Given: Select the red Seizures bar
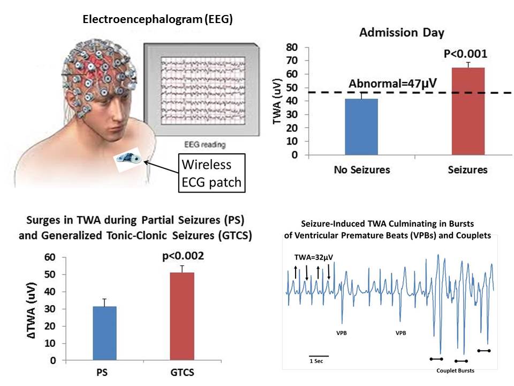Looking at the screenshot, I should pyautogui.click(x=468, y=111).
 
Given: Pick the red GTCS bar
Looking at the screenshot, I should pyautogui.click(x=182, y=316).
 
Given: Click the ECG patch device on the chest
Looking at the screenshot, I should pyautogui.click(x=128, y=158).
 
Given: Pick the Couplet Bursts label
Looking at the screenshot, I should pyautogui.click(x=455, y=370).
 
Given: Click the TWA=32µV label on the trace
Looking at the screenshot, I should pyautogui.click(x=313, y=257).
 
